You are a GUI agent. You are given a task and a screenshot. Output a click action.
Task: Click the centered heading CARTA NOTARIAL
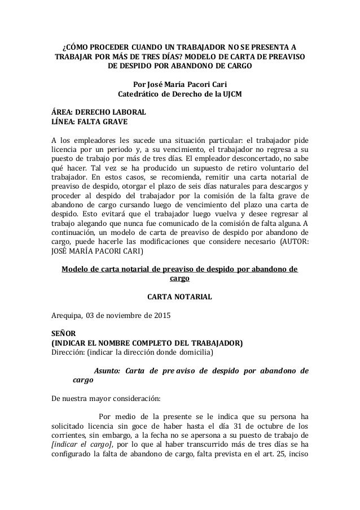pyautogui.click(x=179, y=295)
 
